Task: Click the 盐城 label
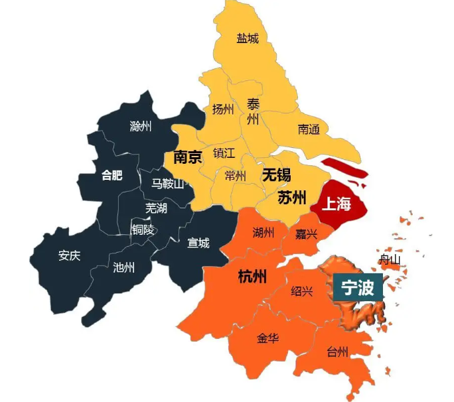click(x=248, y=38)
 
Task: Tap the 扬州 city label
click(x=223, y=109)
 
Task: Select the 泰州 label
click(x=253, y=111)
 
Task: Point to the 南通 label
click(x=309, y=129)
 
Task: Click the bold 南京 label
click(x=188, y=158)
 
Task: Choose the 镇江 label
click(x=224, y=153)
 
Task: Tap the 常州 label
click(x=235, y=176)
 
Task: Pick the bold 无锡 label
click(x=276, y=175)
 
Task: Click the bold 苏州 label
click(x=291, y=197)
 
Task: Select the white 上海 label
click(x=336, y=204)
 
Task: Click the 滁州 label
click(x=141, y=126)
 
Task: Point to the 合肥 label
click(x=112, y=176)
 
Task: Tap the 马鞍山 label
click(x=167, y=184)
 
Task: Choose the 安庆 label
click(x=69, y=255)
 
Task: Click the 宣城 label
click(x=198, y=243)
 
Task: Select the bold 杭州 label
click(x=252, y=277)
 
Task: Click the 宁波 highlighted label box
click(x=358, y=288)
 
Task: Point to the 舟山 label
click(x=390, y=260)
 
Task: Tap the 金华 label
click(x=267, y=338)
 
